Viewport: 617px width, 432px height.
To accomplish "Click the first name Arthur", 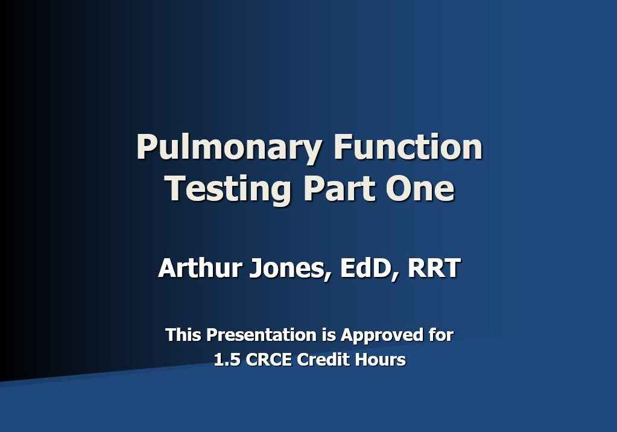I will click(x=198, y=268).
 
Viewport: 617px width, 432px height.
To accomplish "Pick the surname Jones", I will click(x=286, y=268).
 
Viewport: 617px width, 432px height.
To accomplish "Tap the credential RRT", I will click(x=434, y=268).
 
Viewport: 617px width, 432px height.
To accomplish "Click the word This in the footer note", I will click(x=183, y=334).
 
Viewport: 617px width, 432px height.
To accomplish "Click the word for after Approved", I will click(x=441, y=334).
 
